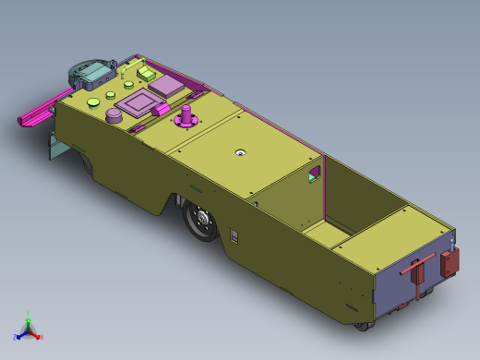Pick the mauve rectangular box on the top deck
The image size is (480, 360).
pyautogui.click(x=168, y=86)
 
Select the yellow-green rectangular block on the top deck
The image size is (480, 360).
pyautogui.click(x=148, y=70)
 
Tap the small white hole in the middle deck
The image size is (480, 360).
pyautogui.click(x=240, y=153)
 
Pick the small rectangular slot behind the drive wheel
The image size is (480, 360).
pyautogui.click(x=234, y=237)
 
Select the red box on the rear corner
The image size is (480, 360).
pyautogui.click(x=450, y=261)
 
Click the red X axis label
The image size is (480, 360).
pyautogui.click(x=40, y=336)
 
